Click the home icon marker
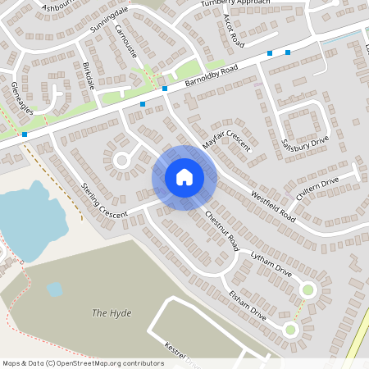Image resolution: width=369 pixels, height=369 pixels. point(184,177)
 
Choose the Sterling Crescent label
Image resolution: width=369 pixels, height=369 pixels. point(104,200)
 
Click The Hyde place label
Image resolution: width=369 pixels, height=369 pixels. point(112,313)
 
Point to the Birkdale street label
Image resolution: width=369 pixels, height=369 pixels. point(89,75)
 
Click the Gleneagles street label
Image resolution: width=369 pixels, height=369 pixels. point(21,97)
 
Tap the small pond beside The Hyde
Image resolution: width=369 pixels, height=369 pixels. point(55,289)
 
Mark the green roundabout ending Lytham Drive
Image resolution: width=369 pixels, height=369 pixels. point(308,289)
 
